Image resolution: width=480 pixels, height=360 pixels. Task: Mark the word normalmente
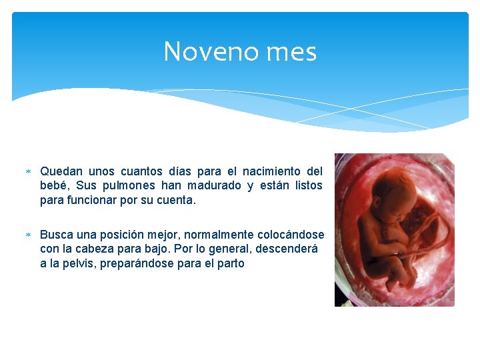point(216,235)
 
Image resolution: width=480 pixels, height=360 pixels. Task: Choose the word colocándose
point(291,235)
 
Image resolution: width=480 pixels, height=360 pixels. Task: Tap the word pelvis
point(83,263)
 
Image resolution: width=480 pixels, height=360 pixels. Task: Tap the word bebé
point(55,185)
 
